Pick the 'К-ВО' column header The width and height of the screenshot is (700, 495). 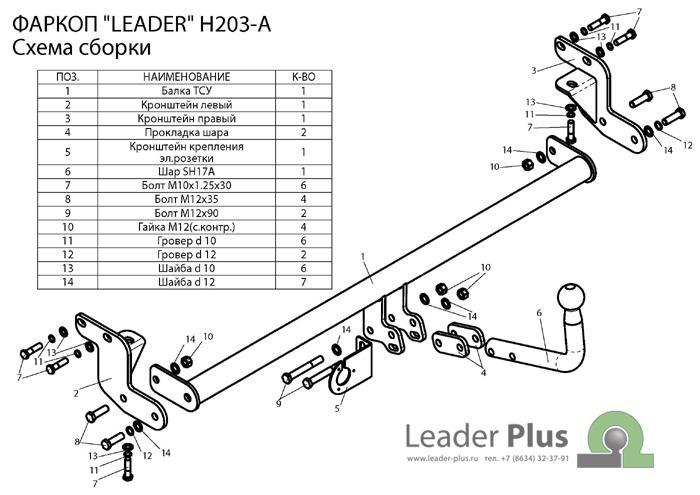click(x=303, y=77)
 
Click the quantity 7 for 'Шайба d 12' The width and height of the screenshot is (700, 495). click(x=303, y=283)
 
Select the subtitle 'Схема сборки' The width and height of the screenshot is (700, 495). click(x=82, y=47)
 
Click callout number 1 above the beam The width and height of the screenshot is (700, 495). click(x=365, y=258)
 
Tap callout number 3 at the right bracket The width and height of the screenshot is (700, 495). click(x=535, y=69)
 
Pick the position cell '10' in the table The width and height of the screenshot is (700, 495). click(x=67, y=227)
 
